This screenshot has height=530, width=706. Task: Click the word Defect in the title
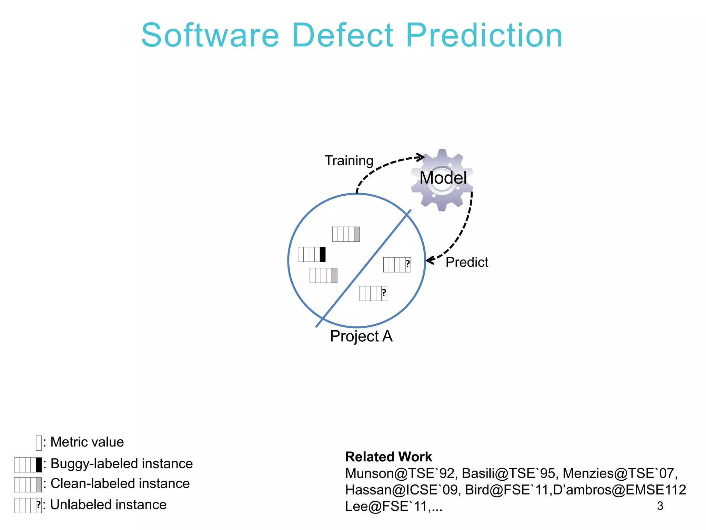343,35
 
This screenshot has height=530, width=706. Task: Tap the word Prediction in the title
484,35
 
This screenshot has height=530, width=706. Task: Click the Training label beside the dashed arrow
349,161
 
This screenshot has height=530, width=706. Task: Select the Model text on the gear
443,178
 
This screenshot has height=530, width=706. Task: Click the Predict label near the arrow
467,262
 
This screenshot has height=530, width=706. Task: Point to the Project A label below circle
361,336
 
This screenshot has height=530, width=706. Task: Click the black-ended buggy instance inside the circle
312,254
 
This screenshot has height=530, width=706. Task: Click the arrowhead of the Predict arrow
429,261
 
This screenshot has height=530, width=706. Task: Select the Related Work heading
388,457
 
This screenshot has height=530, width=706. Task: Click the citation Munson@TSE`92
401,473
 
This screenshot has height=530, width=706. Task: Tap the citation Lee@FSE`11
386,507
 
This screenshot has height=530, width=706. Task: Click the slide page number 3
660,506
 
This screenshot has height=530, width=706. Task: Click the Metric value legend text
87,442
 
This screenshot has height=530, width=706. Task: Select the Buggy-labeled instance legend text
121,464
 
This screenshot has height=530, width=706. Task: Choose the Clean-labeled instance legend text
120,483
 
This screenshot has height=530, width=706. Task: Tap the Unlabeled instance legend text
108,505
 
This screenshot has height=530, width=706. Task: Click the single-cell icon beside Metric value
39,443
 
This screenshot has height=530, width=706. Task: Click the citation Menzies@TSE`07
619,473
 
